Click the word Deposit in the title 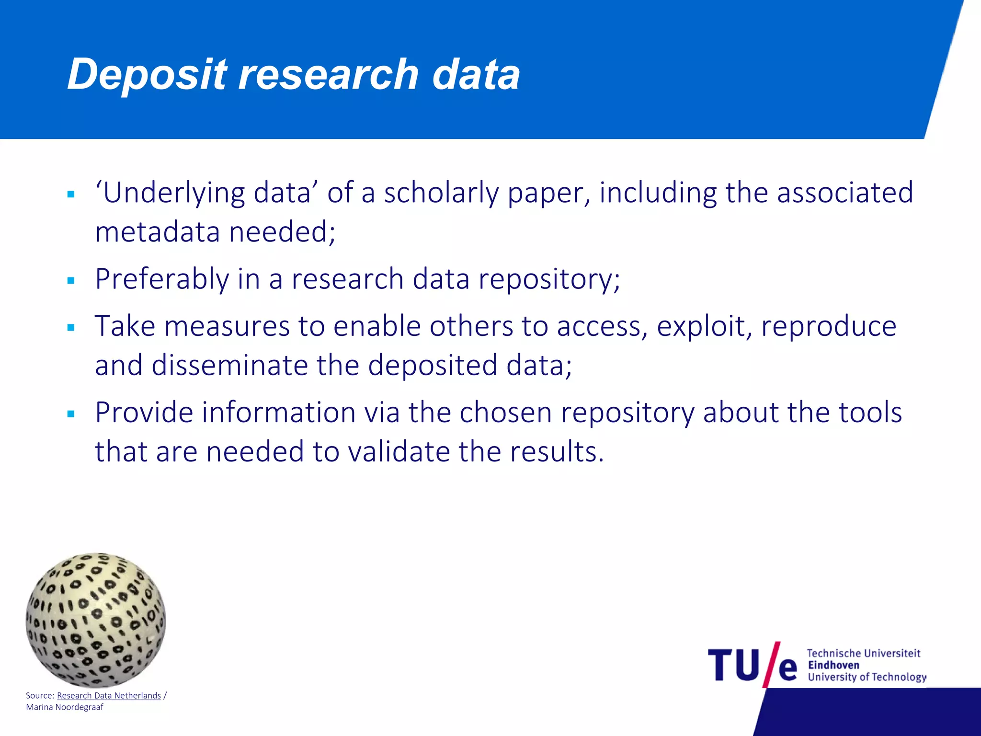[x=147, y=74]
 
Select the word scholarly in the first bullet [x=441, y=193]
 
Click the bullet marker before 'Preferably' [x=71, y=281]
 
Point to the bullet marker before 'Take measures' [x=71, y=328]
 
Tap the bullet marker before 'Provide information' [x=71, y=414]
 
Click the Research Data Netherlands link [x=109, y=695]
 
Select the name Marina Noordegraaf [x=65, y=707]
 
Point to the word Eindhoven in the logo [x=833, y=665]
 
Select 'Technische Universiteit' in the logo [x=863, y=653]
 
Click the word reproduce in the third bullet [x=828, y=326]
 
